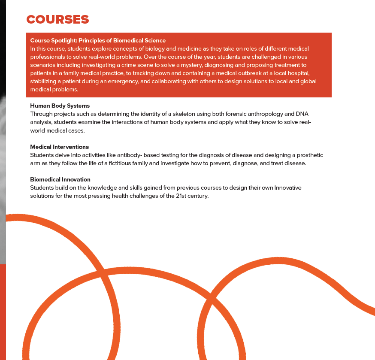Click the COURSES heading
[57, 20]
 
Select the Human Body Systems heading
[60, 106]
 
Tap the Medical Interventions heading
[59, 147]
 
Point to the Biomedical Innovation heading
[60, 179]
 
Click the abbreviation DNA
[302, 114]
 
